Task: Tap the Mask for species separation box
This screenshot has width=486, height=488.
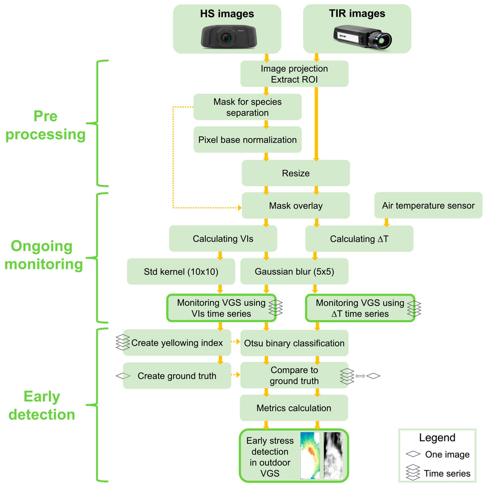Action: tap(247, 107)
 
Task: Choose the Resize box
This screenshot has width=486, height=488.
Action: tap(295, 173)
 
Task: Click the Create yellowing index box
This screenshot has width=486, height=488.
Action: tap(177, 343)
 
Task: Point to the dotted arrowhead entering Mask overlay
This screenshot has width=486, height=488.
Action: tap(240, 208)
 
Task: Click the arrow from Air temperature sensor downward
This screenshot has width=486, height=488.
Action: tap(386, 222)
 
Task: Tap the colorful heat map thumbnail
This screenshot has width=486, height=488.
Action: tap(310, 455)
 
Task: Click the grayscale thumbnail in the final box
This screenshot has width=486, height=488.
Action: tap(333, 455)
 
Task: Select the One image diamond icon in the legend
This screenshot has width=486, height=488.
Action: tap(413, 454)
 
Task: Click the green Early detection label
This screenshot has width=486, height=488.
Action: tap(42, 405)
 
